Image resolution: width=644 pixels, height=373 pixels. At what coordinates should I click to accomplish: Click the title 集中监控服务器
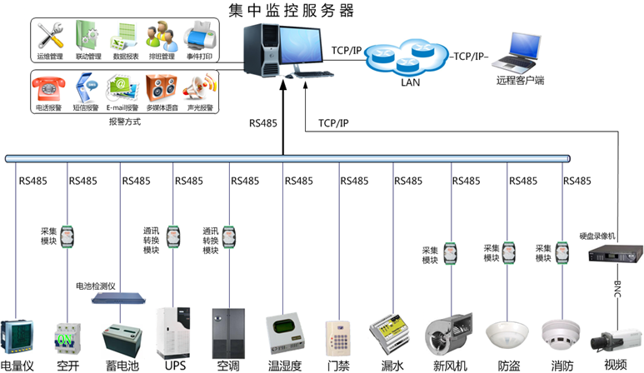click(291, 10)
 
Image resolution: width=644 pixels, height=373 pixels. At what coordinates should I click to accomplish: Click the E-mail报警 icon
click(121, 87)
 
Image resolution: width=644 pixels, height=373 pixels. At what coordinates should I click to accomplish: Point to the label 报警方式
click(124, 122)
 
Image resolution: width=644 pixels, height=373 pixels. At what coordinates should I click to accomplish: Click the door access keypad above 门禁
click(337, 337)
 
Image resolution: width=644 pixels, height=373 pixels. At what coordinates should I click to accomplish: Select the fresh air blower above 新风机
click(449, 336)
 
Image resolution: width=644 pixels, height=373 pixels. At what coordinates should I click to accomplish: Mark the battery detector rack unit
click(113, 297)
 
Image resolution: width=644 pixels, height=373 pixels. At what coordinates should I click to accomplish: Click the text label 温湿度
click(285, 365)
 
